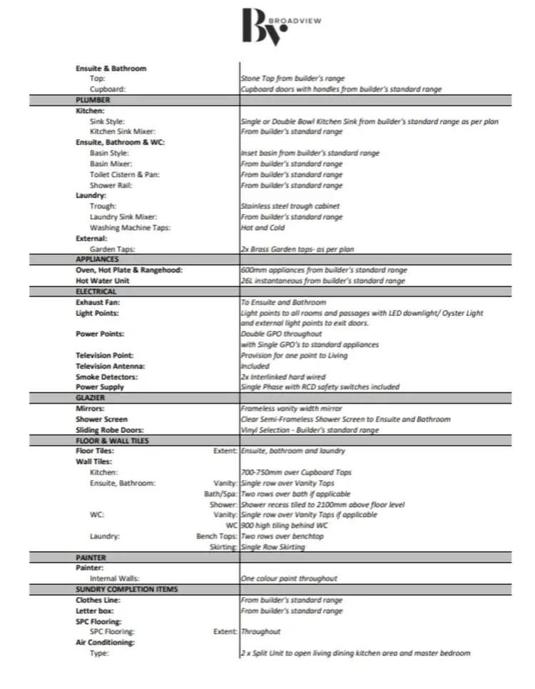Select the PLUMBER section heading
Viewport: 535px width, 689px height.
click(93, 101)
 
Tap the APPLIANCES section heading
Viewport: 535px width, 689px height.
click(98, 260)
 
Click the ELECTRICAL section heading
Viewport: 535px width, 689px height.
click(96, 292)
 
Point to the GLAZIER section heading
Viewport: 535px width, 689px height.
click(91, 397)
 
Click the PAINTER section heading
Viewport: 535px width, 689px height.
click(91, 557)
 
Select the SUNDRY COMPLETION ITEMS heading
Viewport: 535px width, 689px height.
click(126, 589)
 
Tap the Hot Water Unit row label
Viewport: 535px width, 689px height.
click(103, 281)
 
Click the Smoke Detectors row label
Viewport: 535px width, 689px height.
click(107, 377)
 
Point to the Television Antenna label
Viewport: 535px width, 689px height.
click(111, 366)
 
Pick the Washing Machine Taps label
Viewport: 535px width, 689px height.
click(130, 228)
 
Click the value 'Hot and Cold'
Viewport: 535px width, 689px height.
click(263, 228)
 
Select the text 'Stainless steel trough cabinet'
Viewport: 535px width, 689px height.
click(290, 206)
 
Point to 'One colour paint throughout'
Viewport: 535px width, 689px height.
click(289, 578)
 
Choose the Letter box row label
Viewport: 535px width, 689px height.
click(98, 611)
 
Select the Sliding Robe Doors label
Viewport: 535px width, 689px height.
click(110, 430)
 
